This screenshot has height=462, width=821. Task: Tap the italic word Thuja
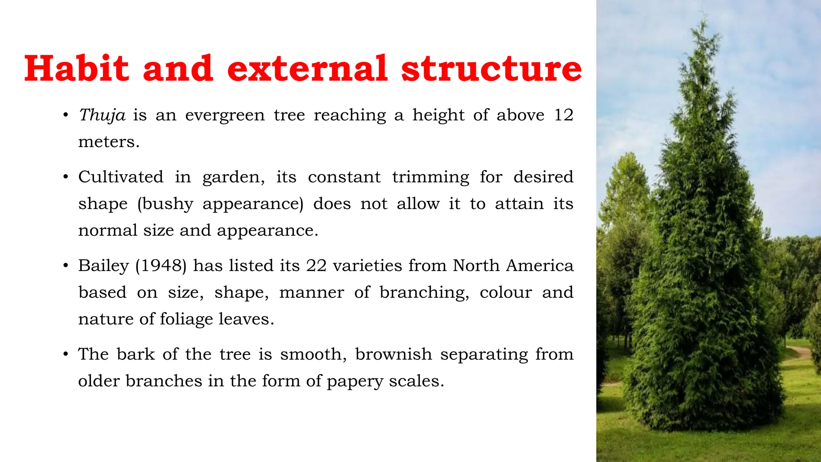pyautogui.click(x=102, y=115)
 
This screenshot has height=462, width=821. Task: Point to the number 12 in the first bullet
pyautogui.click(x=563, y=115)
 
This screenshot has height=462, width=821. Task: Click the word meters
pyautogui.click(x=109, y=142)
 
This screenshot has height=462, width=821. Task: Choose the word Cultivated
pyautogui.click(x=121, y=177)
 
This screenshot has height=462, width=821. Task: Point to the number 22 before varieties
pyautogui.click(x=316, y=265)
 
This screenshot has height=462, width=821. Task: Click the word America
pyautogui.click(x=540, y=265)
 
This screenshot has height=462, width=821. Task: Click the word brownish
pyautogui.click(x=393, y=354)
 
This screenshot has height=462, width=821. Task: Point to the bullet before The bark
pyautogui.click(x=66, y=355)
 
